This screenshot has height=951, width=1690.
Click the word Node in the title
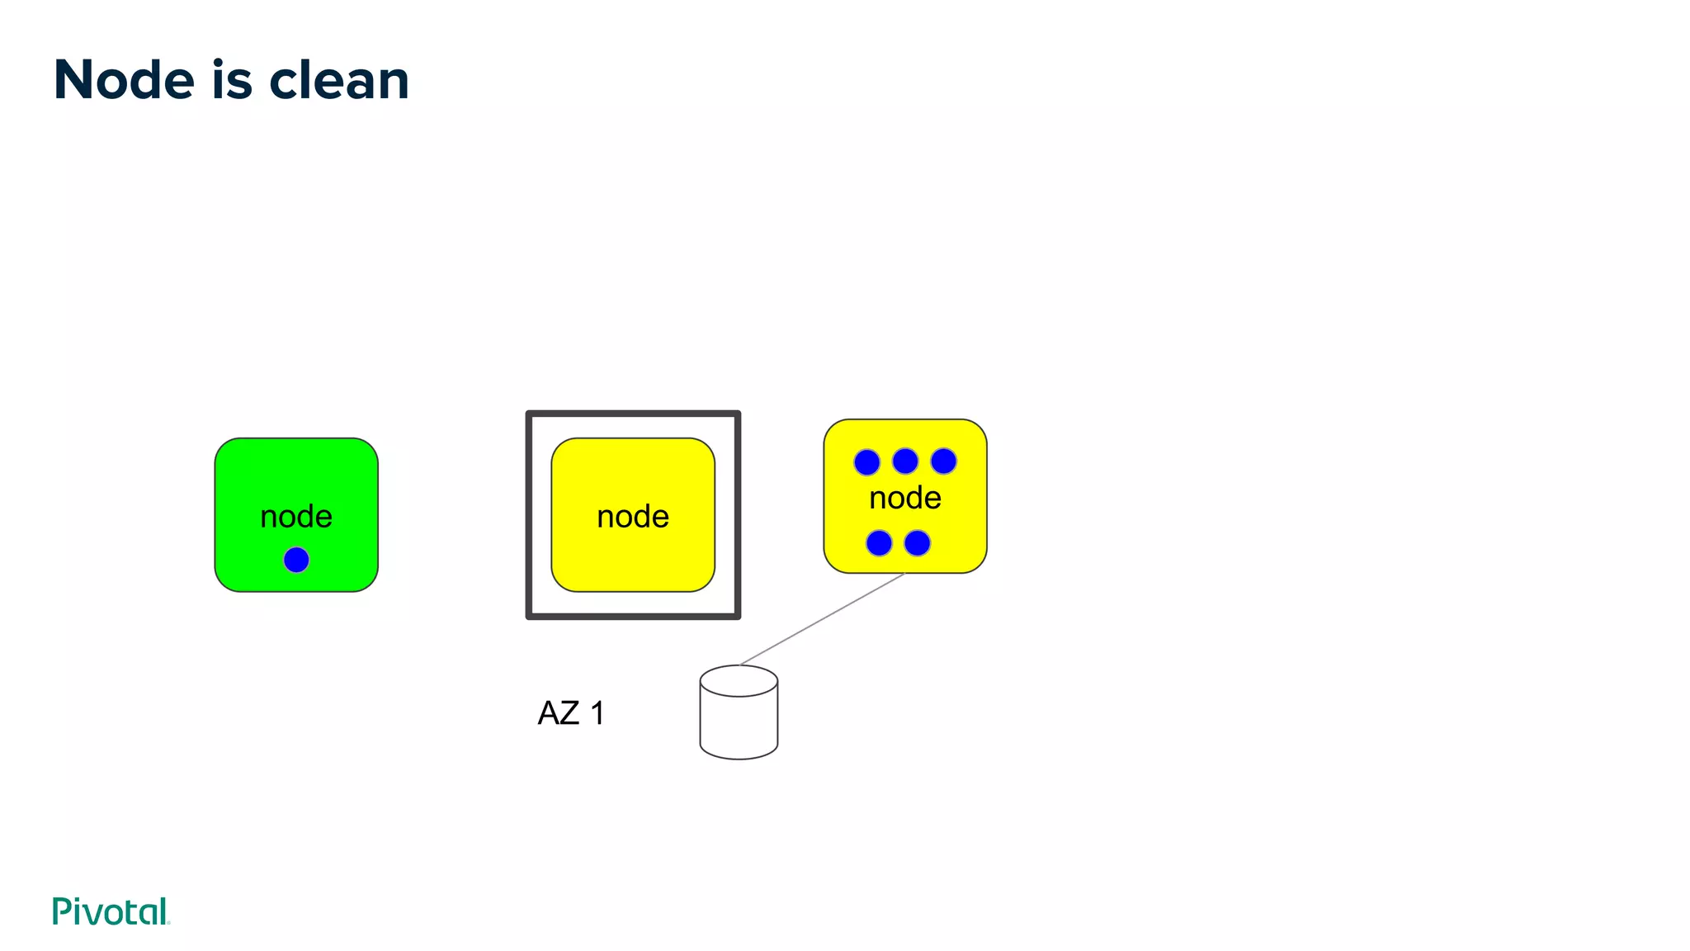point(124,80)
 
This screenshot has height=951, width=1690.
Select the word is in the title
point(232,80)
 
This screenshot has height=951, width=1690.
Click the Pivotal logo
point(111,911)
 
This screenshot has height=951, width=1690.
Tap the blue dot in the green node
point(296,560)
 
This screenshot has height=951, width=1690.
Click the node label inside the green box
point(296,517)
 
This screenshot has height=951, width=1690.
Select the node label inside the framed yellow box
point(633,517)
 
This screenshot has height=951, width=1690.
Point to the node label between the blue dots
point(905,498)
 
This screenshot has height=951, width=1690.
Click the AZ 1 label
point(571,713)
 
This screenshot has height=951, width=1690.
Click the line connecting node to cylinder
point(823,619)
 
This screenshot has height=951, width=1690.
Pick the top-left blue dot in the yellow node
point(866,462)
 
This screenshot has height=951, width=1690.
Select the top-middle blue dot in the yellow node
point(905,461)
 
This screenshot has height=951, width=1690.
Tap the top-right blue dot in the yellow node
point(943,461)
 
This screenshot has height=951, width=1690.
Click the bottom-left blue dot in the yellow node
point(879,543)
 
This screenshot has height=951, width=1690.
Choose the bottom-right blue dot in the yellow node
point(917,543)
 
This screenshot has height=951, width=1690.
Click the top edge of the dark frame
point(633,414)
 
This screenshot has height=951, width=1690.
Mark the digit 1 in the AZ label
point(597,713)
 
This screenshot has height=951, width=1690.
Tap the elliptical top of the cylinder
point(739,681)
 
